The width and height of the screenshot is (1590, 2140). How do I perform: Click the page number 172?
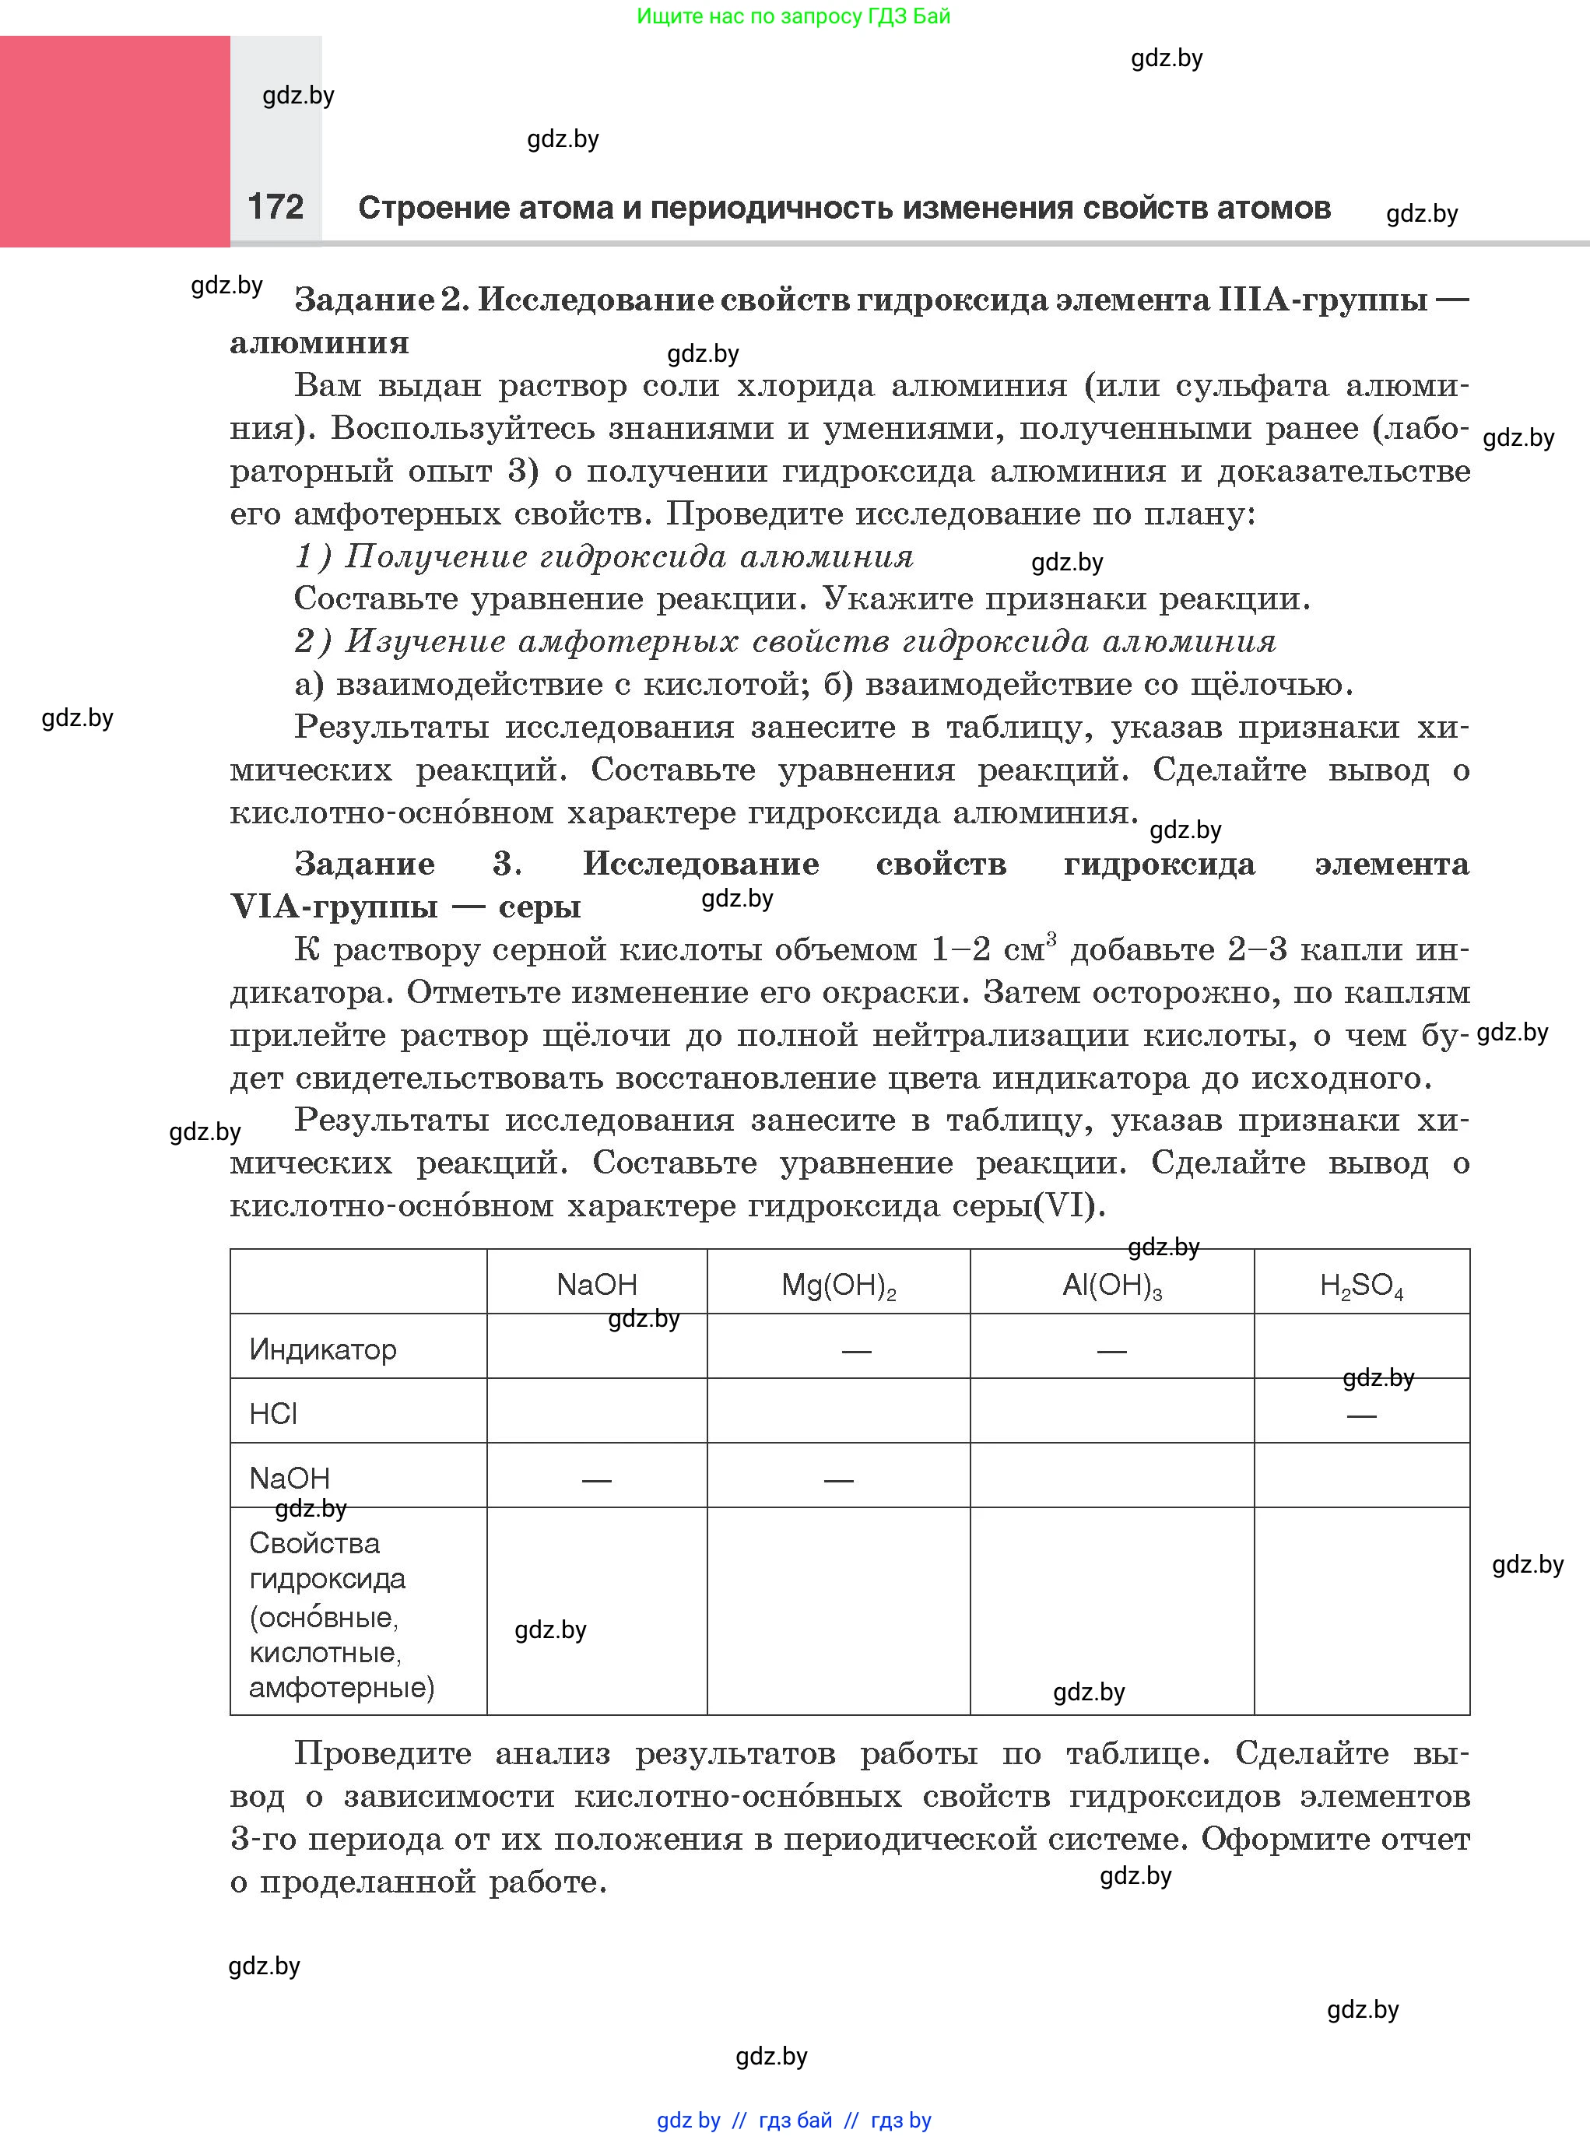tap(276, 206)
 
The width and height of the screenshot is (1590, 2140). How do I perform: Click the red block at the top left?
tap(114, 142)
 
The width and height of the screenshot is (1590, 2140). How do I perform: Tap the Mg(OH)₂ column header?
tap(838, 1286)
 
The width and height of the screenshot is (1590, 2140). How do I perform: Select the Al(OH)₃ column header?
tap(1111, 1286)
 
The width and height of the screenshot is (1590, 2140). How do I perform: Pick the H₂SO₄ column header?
tap(1361, 1286)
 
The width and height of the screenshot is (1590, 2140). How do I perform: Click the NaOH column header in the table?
tap(597, 1285)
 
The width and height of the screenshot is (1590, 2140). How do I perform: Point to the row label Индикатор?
tap(322, 1349)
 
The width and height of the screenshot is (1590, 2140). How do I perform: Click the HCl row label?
tap(273, 1413)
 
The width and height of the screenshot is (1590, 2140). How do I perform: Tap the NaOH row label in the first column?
tap(290, 1478)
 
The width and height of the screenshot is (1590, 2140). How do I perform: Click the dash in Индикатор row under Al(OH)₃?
tap(1111, 1352)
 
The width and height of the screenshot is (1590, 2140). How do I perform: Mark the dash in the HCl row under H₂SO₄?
tap(1361, 1416)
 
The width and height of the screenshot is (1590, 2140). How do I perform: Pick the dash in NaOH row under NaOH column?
tap(597, 1481)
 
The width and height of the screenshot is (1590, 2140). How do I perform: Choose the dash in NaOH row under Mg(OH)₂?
tap(838, 1481)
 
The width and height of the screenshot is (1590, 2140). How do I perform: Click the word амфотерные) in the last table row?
tap(342, 1688)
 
